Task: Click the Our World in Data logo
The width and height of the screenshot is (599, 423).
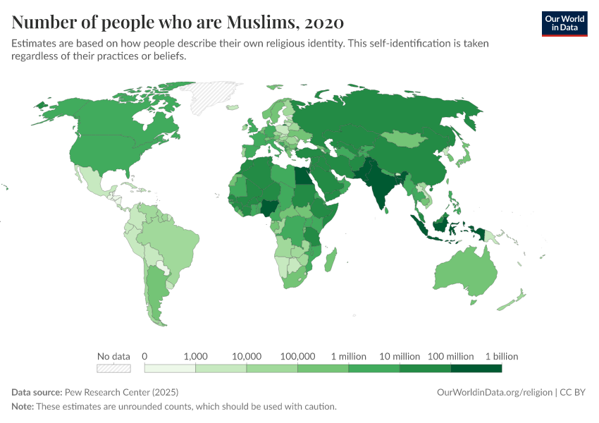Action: pos(564,24)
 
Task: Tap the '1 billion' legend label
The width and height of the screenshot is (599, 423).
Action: pos(502,357)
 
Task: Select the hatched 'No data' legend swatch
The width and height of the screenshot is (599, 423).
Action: pos(113,368)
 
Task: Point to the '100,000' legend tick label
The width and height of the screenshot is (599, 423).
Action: pos(297,357)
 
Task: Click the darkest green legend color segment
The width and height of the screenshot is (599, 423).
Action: pos(476,368)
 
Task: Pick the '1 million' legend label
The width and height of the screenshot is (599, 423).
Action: pos(348,357)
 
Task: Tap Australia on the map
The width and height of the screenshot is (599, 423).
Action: pos(467,271)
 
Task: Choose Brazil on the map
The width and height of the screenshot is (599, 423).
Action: pos(172,245)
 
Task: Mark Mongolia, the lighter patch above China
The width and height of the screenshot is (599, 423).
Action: pos(405,139)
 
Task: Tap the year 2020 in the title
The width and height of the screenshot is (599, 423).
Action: pos(324,22)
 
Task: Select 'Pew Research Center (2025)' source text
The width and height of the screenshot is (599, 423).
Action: pos(121,393)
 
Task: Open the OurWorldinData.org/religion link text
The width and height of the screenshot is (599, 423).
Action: pos(494,393)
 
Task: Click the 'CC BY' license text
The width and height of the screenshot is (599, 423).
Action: pos(572,393)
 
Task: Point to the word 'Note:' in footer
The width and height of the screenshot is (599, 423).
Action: pos(23,407)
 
